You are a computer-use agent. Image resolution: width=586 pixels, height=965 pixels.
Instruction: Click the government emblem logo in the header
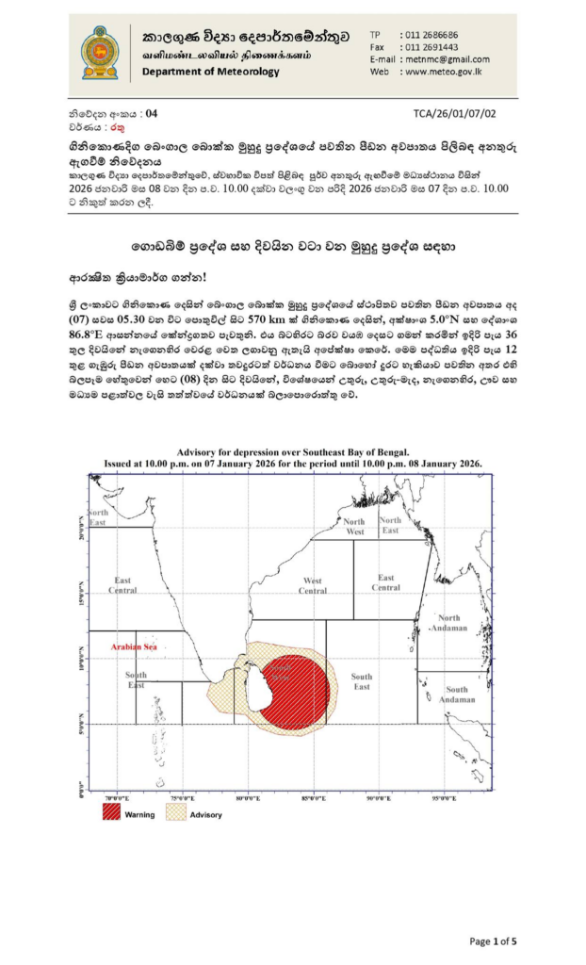[100, 53]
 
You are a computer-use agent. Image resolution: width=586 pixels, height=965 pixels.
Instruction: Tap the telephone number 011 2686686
[430, 34]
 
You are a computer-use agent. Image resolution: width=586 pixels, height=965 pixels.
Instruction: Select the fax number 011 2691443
[430, 46]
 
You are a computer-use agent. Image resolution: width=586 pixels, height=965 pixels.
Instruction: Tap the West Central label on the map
[313, 586]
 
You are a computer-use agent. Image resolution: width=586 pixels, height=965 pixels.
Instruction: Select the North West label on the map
[353, 527]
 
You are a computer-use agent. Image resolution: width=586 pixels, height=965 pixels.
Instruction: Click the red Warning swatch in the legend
[110, 813]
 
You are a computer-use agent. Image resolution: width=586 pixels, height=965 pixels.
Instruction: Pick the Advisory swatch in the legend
[176, 813]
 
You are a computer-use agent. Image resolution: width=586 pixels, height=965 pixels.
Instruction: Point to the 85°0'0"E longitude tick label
[313, 798]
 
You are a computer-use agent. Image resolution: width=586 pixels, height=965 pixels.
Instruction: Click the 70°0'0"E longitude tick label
[118, 798]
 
